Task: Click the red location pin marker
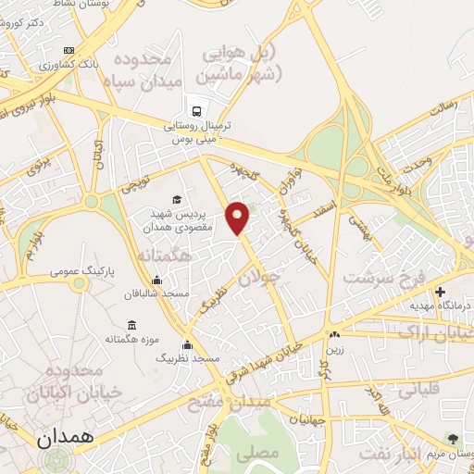tap(239, 217)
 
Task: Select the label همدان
tap(66, 437)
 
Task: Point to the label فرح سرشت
tap(380, 277)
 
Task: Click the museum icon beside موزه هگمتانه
tap(130, 325)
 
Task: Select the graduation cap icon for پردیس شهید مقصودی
tap(176, 199)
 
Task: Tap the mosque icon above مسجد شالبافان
tap(156, 281)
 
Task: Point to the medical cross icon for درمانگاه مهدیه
tap(441, 292)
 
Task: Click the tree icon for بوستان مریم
tap(453, 438)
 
